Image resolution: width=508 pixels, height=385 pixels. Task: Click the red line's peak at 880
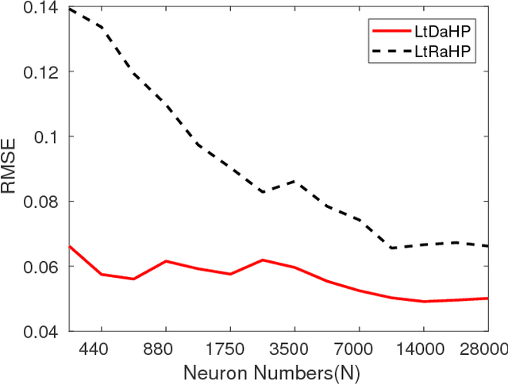166,261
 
